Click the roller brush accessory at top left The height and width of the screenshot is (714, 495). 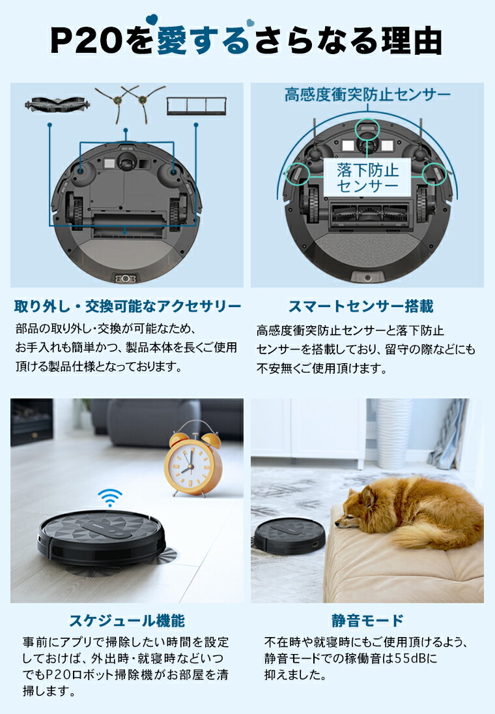pyautogui.click(x=51, y=103)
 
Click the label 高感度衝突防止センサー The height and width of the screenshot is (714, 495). pyautogui.click(x=367, y=95)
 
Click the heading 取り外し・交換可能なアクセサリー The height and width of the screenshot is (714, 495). pyautogui.click(x=128, y=306)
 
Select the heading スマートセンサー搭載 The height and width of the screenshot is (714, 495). pyautogui.click(x=370, y=306)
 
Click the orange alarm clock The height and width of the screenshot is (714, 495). pyautogui.click(x=193, y=464)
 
